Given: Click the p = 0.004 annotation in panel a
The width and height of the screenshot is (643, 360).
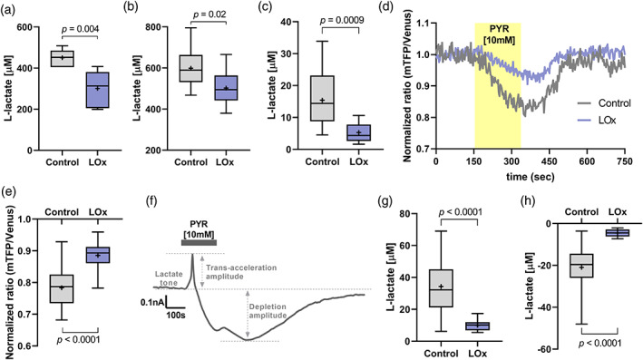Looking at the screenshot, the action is (80, 29).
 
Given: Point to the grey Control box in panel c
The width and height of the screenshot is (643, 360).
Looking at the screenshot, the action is (322, 99).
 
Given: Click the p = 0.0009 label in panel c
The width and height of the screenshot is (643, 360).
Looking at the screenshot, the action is (342, 21).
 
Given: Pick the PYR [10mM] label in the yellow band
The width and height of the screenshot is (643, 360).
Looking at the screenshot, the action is (499, 35).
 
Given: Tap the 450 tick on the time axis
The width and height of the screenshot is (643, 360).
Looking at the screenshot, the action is (549, 161).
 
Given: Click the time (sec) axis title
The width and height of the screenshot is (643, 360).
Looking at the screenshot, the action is (530, 177).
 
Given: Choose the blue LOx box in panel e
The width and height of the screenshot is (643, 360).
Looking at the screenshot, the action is (98, 255).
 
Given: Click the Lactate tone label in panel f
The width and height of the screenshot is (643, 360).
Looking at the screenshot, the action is (169, 278).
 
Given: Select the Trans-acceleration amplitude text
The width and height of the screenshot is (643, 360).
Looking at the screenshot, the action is (241, 272).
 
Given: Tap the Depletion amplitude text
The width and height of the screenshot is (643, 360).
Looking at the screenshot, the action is (268, 311).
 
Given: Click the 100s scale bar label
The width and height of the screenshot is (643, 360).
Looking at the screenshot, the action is (176, 316).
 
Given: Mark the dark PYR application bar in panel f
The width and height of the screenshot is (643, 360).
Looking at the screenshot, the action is (199, 243).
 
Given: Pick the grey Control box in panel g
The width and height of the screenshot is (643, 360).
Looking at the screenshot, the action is (441, 288).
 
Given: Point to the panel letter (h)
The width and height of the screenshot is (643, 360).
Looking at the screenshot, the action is (527, 201).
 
